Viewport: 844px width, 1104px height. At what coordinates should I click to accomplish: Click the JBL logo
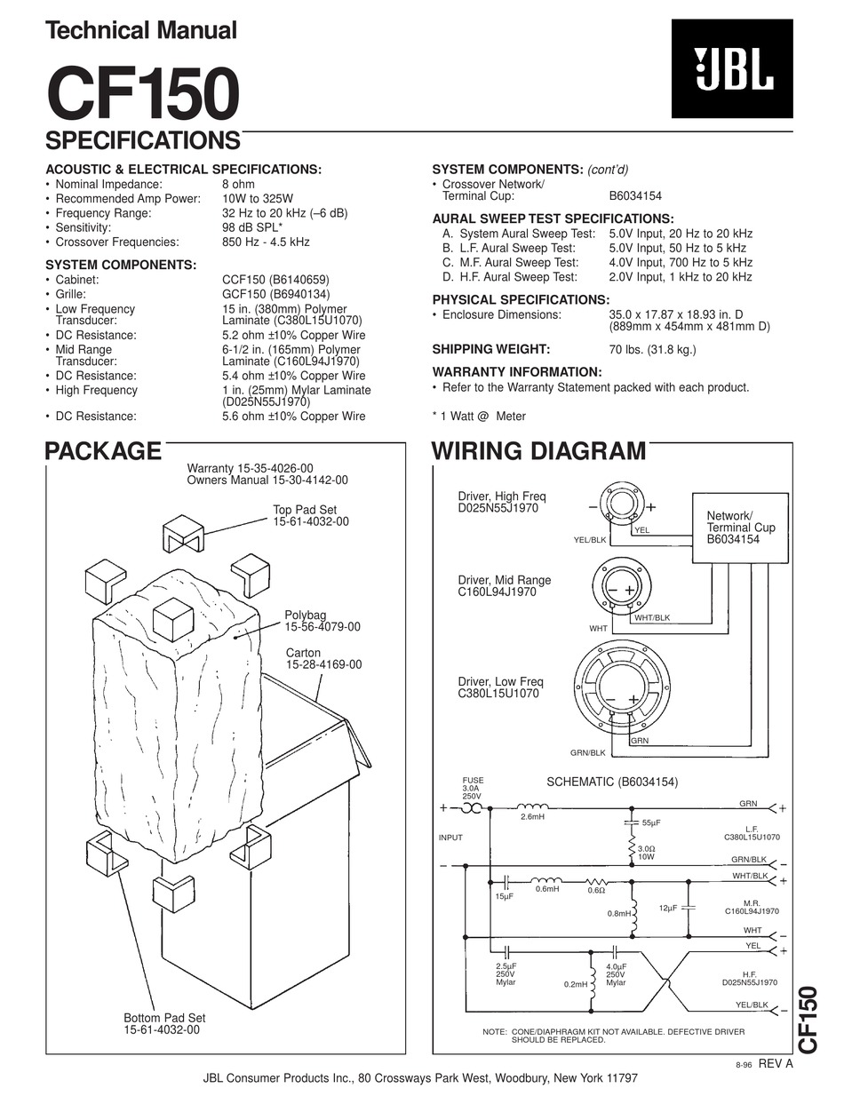pos(732,68)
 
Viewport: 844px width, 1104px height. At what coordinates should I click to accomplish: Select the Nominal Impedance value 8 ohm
pos(238,184)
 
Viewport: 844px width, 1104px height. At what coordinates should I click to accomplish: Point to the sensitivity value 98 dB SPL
pos(252,227)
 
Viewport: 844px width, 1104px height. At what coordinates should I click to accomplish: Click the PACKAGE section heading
pos(103,451)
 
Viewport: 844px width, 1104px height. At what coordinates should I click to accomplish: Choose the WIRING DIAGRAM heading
pos(538,451)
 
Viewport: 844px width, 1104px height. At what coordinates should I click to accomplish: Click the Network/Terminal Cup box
pos(741,528)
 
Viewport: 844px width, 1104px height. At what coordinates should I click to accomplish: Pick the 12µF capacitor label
pos(668,908)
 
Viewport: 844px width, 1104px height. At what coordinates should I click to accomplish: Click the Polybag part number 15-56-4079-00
pos(322,627)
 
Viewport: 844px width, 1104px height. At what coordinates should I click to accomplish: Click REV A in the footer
pos(775,1064)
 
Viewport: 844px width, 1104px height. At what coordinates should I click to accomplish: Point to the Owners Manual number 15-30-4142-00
pos(267,480)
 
